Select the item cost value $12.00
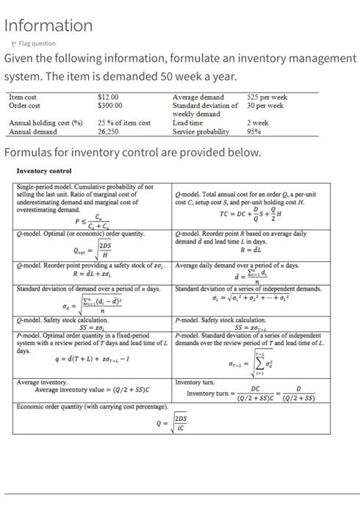[108, 97]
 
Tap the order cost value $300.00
[110, 105]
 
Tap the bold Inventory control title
[43, 171]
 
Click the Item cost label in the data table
[23, 97]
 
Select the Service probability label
[201, 132]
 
